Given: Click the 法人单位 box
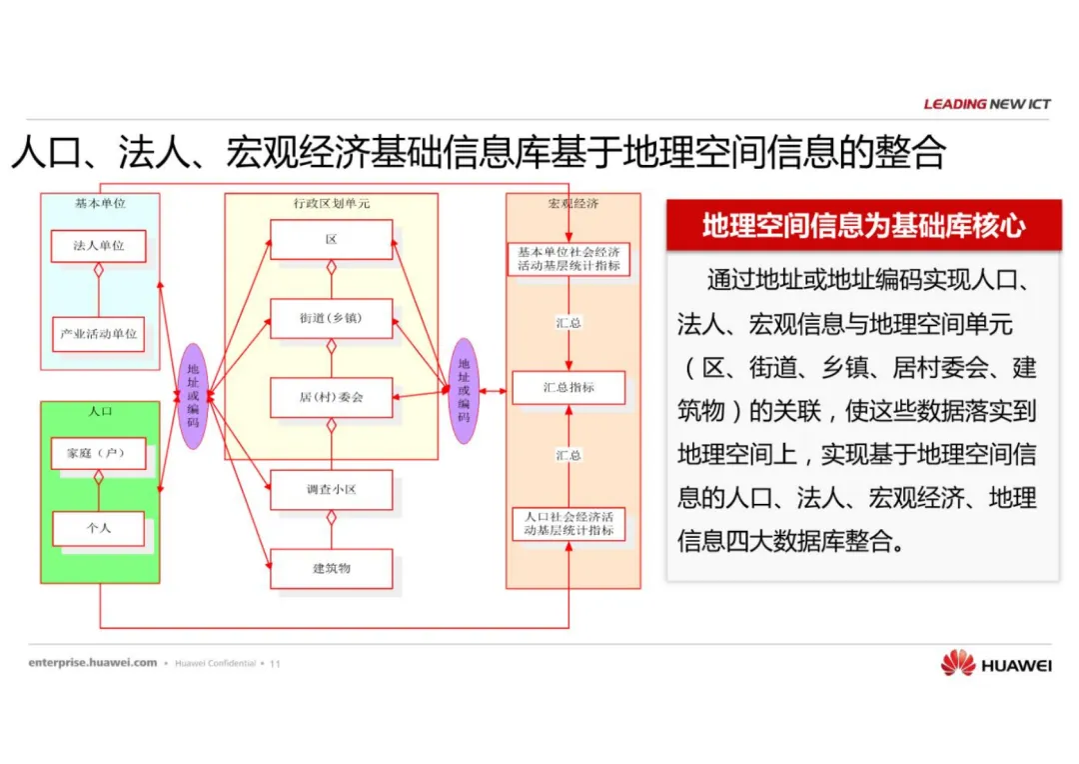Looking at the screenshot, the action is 99,246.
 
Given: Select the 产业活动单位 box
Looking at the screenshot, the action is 99,334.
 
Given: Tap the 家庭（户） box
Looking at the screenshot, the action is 99,454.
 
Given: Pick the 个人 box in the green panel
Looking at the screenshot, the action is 99,528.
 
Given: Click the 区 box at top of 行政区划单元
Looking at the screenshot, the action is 331,240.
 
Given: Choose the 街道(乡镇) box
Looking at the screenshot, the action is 331,319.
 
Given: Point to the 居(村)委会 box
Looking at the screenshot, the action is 331,397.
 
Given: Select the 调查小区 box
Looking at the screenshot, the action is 331,490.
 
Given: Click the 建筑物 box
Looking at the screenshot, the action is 331,569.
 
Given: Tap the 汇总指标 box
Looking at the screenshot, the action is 568,387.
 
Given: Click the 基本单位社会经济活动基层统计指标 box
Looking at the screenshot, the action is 568,259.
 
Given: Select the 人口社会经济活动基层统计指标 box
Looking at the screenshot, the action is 568,524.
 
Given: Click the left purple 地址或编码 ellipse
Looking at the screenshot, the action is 193,396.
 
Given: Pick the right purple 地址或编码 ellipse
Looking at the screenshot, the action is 464,390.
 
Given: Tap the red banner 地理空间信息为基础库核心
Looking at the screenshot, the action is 863,225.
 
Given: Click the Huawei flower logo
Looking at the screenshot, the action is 957,663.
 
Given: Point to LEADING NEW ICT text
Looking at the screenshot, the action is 986,104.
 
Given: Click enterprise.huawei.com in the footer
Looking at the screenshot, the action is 93,662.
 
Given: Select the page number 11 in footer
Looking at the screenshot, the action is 276,663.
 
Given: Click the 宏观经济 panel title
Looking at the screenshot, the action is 572,204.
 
